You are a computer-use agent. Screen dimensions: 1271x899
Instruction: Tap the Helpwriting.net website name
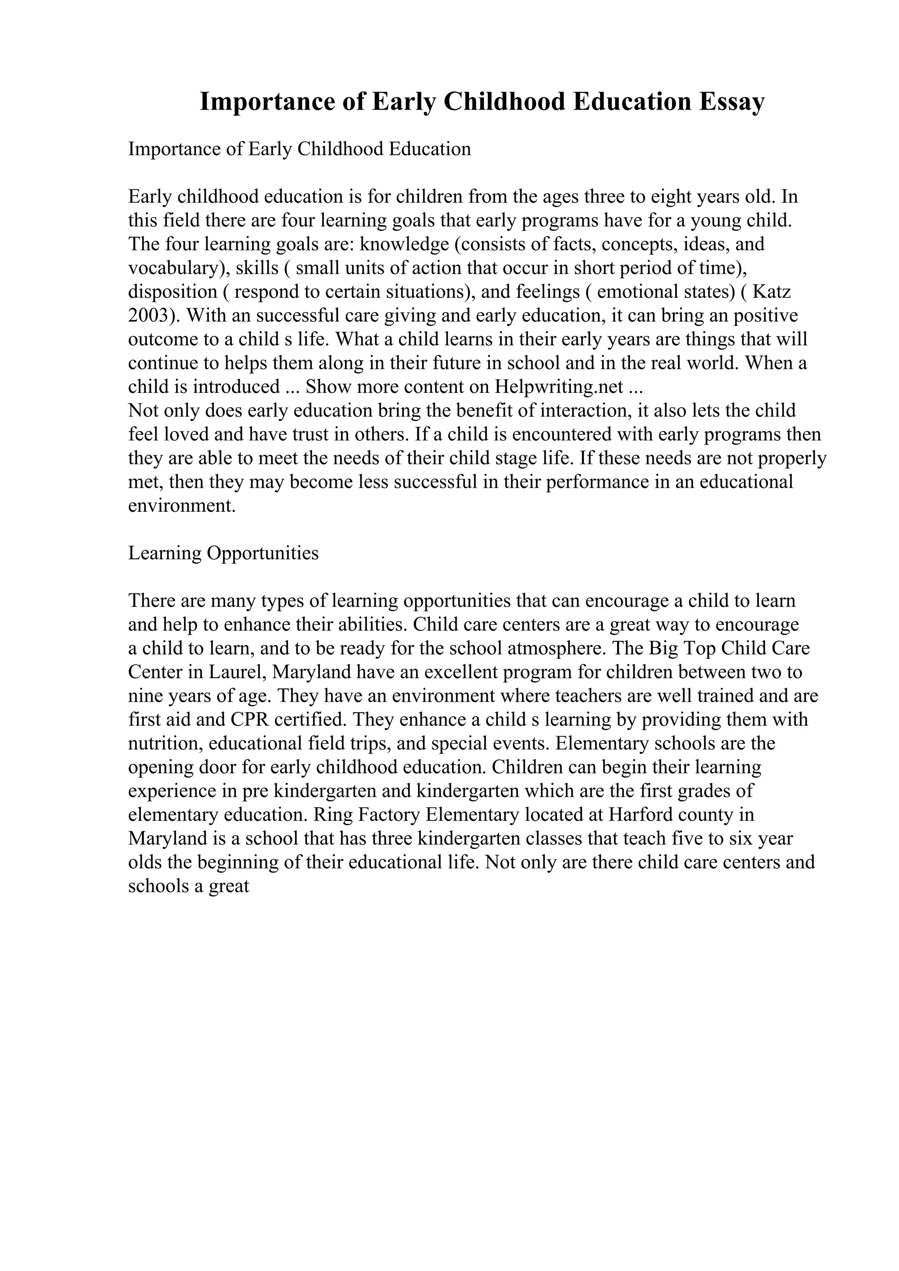(x=561, y=386)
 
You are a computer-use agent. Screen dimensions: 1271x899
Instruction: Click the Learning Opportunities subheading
(x=223, y=553)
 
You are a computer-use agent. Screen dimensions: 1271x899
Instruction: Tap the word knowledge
(x=404, y=244)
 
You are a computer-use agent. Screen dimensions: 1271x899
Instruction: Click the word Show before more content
(x=328, y=386)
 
